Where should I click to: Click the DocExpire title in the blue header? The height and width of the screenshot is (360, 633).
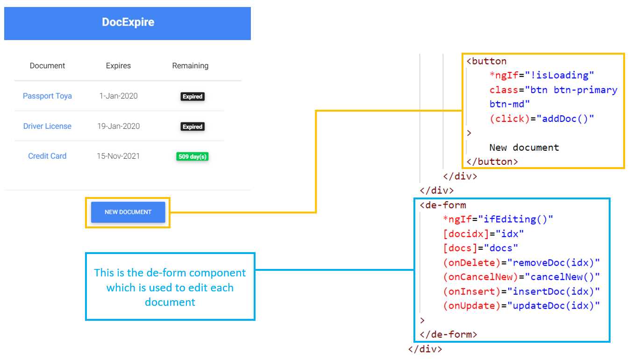click(128, 22)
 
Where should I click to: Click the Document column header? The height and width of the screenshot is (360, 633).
click(47, 66)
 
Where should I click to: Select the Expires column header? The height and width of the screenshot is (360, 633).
click(118, 66)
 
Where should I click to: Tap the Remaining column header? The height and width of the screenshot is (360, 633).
click(190, 66)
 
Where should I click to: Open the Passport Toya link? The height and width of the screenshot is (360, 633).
click(47, 96)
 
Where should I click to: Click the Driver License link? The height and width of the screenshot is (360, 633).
click(47, 126)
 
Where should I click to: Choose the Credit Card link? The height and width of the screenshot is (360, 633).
click(47, 156)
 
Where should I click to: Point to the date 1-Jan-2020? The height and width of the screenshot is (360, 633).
click(118, 96)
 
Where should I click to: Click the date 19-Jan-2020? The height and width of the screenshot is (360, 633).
click(118, 126)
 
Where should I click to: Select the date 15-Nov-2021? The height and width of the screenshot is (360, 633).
click(118, 156)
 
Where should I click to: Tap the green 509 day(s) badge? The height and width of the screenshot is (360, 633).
click(192, 157)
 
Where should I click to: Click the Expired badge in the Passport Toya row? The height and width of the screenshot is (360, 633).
click(192, 97)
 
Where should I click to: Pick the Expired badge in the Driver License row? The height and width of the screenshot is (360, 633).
click(192, 127)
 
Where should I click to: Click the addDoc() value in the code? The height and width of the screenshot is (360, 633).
click(568, 119)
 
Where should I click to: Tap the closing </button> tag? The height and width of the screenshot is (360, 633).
click(492, 162)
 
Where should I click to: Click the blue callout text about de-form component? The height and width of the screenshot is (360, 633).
click(170, 287)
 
